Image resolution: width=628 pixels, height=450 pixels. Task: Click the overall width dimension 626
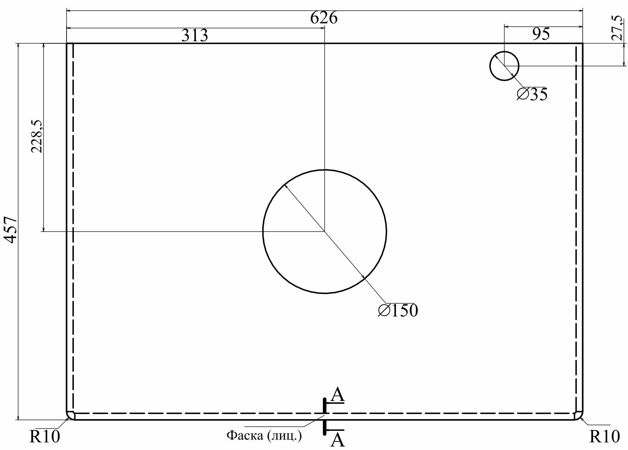(x=324, y=18)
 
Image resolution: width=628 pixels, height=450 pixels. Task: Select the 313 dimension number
(x=195, y=36)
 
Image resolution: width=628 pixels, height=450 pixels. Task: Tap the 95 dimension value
(x=541, y=34)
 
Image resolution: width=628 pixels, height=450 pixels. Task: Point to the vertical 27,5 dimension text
(x=617, y=28)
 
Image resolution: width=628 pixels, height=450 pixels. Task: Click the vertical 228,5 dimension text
(x=37, y=136)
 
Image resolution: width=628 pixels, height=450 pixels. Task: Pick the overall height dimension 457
(x=11, y=230)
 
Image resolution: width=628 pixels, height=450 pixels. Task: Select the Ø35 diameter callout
(x=532, y=94)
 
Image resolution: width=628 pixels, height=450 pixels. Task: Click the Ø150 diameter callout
(x=398, y=310)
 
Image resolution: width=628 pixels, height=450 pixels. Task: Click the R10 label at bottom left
(x=45, y=437)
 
